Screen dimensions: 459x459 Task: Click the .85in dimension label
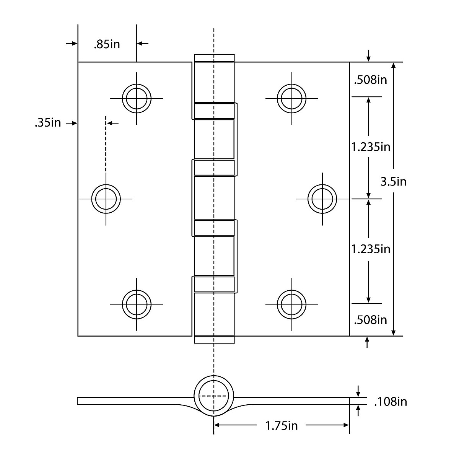(x=107, y=44)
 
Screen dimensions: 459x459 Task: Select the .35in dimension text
(x=48, y=123)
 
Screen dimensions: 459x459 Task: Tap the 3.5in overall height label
(x=393, y=181)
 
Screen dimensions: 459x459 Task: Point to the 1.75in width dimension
(x=282, y=425)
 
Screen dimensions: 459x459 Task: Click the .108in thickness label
(x=390, y=402)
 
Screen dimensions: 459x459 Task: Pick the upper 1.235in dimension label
(x=371, y=146)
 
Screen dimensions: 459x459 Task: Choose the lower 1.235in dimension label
(x=371, y=249)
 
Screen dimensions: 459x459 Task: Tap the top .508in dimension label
(x=370, y=80)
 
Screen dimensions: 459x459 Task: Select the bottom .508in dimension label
(x=370, y=319)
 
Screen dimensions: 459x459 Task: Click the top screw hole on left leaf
(x=137, y=98)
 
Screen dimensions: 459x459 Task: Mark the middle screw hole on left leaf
(x=106, y=199)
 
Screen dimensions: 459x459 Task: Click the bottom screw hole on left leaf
(x=137, y=304)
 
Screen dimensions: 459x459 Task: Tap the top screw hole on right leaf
(x=291, y=98)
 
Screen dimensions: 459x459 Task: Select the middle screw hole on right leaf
(x=322, y=199)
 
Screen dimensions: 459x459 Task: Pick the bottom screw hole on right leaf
(x=291, y=304)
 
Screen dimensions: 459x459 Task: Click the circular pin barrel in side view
(x=213, y=396)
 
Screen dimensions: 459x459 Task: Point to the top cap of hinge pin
(x=214, y=58)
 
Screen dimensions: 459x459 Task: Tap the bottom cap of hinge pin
(x=214, y=340)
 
